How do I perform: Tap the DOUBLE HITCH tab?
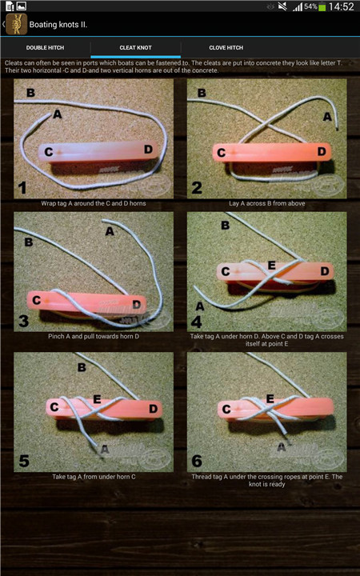pos(45,48)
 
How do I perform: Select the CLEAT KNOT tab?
pos(135,48)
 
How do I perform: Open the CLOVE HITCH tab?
pos(226,48)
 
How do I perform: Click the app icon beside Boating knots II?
pos(17,25)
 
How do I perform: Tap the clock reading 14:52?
pos(342,6)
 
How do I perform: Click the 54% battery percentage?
pos(310,6)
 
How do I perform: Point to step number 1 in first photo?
pos(22,188)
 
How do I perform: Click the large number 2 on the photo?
pos(197,188)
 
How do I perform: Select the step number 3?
pos(23,321)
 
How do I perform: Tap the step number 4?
pos(197,322)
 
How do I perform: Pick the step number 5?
pos(24,461)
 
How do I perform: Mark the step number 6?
pos(197,461)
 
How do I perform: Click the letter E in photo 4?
pos(271,266)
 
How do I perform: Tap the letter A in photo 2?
pos(327,117)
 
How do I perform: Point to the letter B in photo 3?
pos(28,242)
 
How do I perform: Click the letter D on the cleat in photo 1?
pos(148,149)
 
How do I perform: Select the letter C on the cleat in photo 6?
pos(226,409)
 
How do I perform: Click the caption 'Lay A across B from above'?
pos(267,203)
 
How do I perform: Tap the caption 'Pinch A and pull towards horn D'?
pos(94,336)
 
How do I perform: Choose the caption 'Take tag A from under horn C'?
pos(94,477)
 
